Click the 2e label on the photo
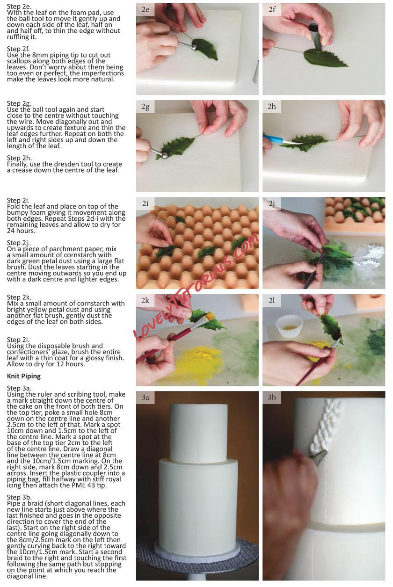tap(145, 10)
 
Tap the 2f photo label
tap(272, 10)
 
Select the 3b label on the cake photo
tap(272, 398)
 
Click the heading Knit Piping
tap(24, 377)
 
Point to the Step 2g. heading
tap(19, 103)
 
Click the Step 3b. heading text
tap(19, 497)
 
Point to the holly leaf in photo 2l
tap(331, 328)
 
